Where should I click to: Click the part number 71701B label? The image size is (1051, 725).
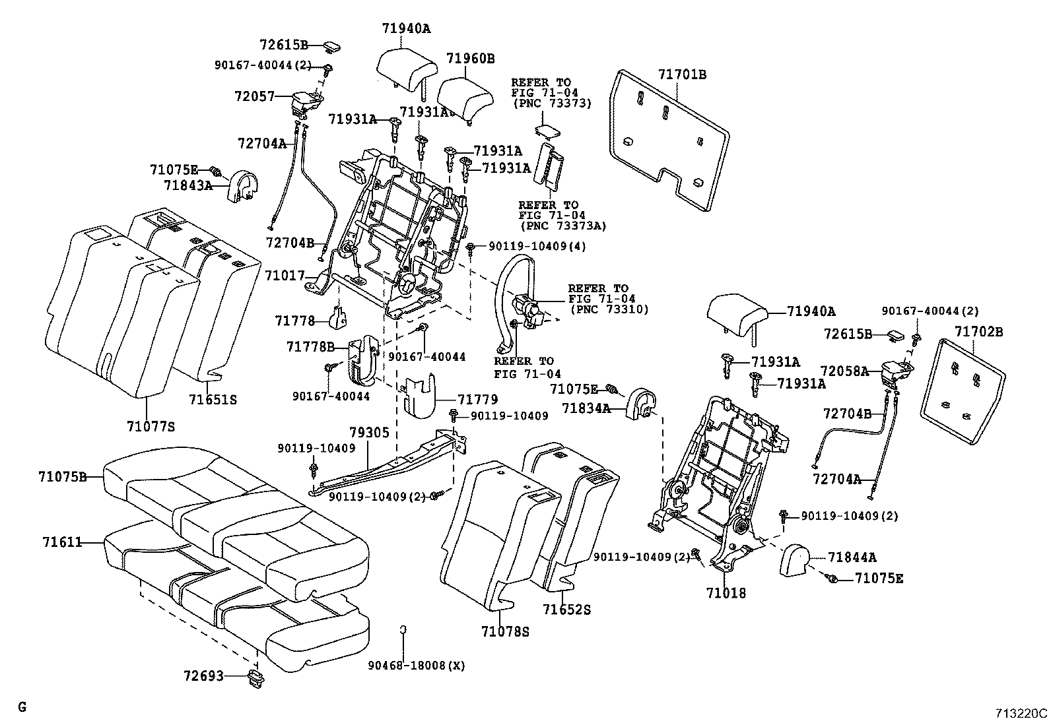(x=681, y=75)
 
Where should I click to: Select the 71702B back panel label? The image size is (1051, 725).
(x=978, y=332)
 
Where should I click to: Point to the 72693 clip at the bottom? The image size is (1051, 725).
(x=254, y=677)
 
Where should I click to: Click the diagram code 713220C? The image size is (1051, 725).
(x=1021, y=713)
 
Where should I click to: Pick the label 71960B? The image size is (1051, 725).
(x=470, y=58)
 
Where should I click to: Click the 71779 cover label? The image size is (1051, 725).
(x=477, y=399)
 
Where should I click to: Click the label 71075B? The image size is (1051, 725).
(x=62, y=476)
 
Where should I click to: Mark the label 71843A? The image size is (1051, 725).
(x=188, y=185)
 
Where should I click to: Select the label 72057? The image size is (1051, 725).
(x=254, y=96)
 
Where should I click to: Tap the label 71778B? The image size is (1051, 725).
(x=310, y=346)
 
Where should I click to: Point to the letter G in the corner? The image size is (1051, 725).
(x=22, y=707)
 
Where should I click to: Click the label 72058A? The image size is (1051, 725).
(x=846, y=371)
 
